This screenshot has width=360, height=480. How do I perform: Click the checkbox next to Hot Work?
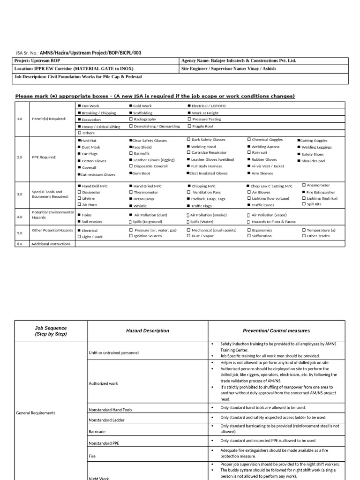pyautogui.click(x=79, y=106)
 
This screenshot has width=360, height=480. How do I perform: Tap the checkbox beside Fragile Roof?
pyautogui.click(x=189, y=126)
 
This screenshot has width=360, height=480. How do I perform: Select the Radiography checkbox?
pyautogui.click(x=131, y=120)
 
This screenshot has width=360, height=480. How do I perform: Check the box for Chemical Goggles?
pyautogui.click(x=249, y=140)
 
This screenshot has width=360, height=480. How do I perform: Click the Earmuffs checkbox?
pyautogui.click(x=131, y=153)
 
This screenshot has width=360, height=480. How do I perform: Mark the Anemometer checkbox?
pyautogui.click(x=304, y=185)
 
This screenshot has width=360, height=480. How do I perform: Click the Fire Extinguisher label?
pyautogui.click(x=321, y=192)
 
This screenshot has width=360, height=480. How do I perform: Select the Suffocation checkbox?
pyautogui.click(x=249, y=236)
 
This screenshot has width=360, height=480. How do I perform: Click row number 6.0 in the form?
pyautogui.click(x=20, y=244)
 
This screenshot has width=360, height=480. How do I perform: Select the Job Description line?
pyautogui.click(x=78, y=76)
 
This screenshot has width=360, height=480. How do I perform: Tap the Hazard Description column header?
pyautogui.click(x=147, y=330)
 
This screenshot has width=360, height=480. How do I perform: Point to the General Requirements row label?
pyautogui.click(x=36, y=413)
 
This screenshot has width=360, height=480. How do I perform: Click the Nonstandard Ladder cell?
pyautogui.click(x=107, y=420)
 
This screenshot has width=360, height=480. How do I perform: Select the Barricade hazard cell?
pyautogui.click(x=97, y=431)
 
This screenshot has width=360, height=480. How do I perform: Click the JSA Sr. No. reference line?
pyautogui.click(x=78, y=53)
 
